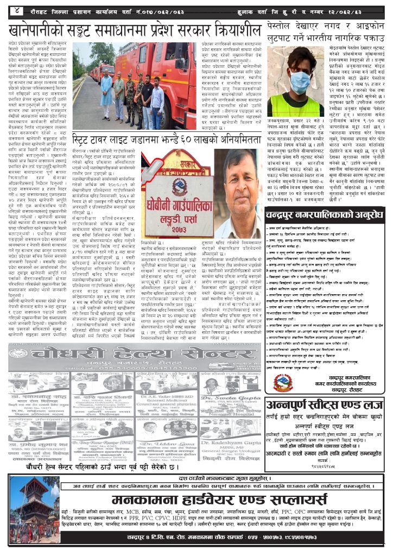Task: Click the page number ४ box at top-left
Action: [x=17, y=10]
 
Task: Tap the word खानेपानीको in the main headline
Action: [x=49, y=29]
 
